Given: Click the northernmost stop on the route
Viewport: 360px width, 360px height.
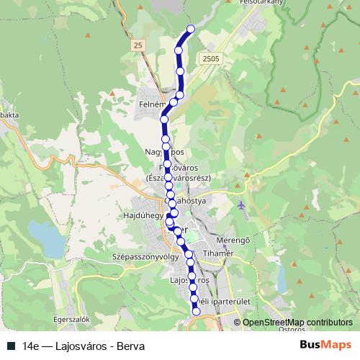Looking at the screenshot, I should (191, 29).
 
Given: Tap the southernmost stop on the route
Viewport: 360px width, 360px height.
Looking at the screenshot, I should (196, 310).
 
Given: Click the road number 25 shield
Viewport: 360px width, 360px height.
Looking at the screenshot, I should (138, 45).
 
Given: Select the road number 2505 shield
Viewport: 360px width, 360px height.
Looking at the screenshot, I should (211, 59).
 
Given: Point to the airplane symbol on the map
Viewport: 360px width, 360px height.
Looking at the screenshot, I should (240, 207).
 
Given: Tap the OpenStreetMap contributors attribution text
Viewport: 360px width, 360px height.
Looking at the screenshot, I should (297, 323).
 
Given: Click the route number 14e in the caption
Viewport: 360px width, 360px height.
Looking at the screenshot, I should (31, 346).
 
